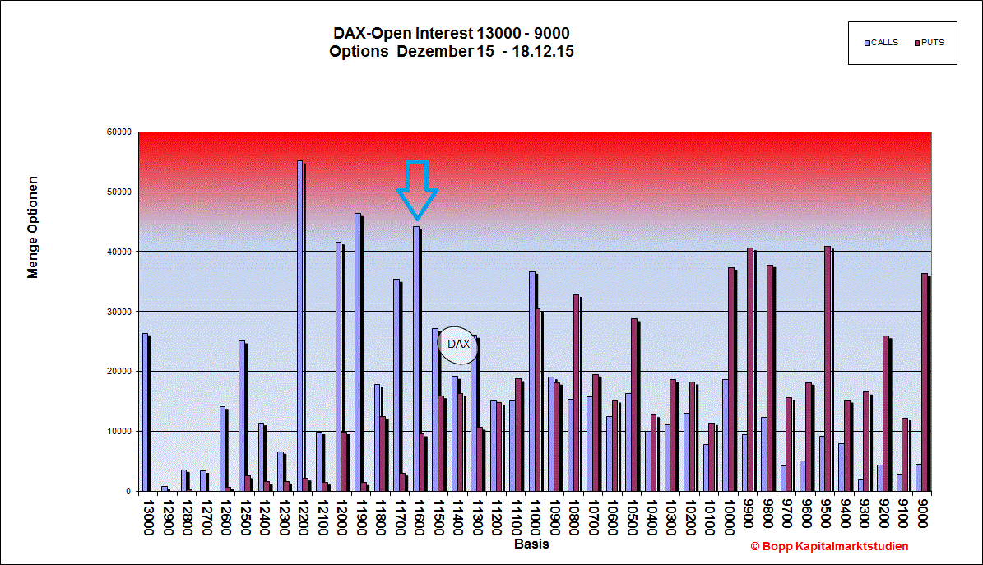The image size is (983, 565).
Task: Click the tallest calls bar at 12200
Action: (300, 326)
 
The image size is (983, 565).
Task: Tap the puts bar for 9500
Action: (828, 368)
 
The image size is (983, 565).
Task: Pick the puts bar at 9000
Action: (925, 382)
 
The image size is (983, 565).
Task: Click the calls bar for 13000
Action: (146, 412)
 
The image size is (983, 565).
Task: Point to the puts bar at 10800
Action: (577, 393)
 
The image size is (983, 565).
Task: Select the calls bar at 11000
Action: (532, 382)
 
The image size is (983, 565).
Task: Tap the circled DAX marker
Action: (457, 345)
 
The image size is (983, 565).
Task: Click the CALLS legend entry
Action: (882, 43)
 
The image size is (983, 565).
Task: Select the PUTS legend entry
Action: (929, 43)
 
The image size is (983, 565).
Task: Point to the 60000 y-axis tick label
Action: (119, 132)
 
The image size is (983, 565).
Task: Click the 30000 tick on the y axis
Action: (119, 312)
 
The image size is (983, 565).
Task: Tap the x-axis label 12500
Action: (245, 517)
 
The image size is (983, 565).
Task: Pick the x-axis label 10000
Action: (729, 517)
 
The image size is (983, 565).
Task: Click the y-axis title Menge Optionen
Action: (33, 227)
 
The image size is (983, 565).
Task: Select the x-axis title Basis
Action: (531, 544)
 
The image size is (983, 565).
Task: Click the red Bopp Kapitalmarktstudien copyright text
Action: (829, 546)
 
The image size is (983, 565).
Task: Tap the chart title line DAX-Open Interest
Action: (452, 33)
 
